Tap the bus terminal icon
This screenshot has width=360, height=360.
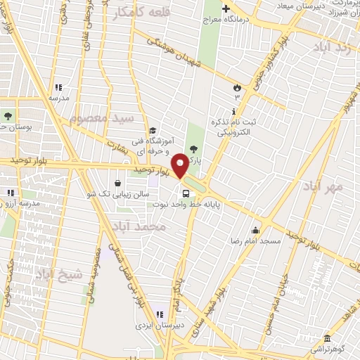pyautogui.click(x=186, y=193)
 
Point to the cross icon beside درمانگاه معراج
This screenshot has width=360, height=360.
pyautogui.click(x=226, y=9)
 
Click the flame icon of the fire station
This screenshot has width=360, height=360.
pyautogui.click(x=237, y=88)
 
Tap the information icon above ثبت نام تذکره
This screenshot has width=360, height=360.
pyautogui.click(x=233, y=111)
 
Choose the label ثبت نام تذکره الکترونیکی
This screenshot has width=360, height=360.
pyautogui.click(x=235, y=127)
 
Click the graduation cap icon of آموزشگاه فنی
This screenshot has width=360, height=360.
pyautogui.click(x=152, y=130)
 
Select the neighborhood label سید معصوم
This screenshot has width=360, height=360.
pyautogui.click(x=107, y=117)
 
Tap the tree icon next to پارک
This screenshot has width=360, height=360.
pyautogui.click(x=194, y=148)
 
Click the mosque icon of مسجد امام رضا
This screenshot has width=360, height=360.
pyautogui.click(x=255, y=229)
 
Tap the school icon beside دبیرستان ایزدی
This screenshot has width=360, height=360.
pyautogui.click(x=160, y=314)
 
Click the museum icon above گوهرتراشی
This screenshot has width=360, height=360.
pyautogui.click(x=326, y=337)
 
